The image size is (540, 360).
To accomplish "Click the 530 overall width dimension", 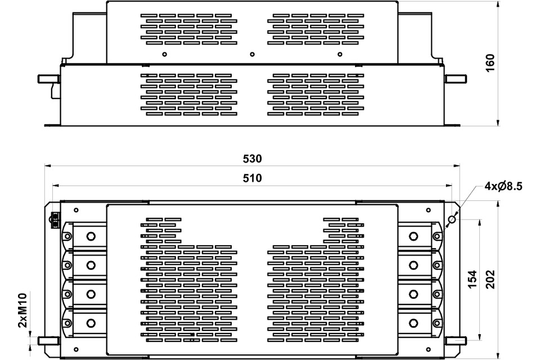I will pos(252,159).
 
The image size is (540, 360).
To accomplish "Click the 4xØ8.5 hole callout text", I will pos(503,186).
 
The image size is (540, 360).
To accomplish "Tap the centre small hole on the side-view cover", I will pos(252,55).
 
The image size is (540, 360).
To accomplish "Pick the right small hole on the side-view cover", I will pos(339,55).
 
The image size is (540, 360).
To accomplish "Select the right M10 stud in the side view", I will pos(456,79).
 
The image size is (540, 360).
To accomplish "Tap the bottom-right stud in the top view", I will pos(456,340).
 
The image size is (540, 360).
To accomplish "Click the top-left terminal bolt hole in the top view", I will pos(91,236).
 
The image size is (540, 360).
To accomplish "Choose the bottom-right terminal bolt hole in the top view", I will pos(414,323).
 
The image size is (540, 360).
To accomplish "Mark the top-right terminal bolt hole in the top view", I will pos(414,236).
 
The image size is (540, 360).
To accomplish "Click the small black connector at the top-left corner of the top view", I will pos(55,220).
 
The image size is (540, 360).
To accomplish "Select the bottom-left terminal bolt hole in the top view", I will pos(91,323).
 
